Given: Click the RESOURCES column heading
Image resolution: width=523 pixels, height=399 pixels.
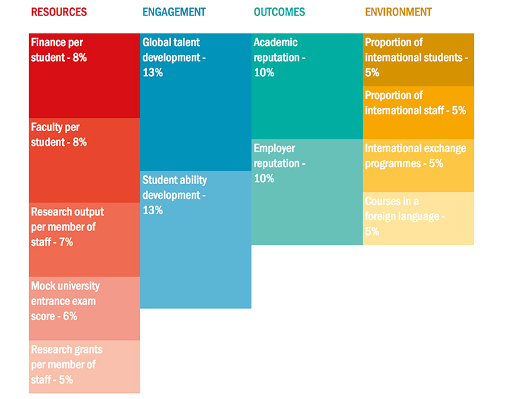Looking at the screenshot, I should point(59,12).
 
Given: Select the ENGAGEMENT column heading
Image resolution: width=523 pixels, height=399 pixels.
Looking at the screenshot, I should point(174,12).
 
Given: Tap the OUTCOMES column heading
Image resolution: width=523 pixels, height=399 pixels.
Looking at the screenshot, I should point(279,12).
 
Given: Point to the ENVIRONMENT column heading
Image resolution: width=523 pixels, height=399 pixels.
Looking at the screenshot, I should point(398,12).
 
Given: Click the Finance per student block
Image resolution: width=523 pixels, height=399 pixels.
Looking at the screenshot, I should point(84,76).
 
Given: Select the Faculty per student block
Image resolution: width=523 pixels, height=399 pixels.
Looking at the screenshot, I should point(84,160).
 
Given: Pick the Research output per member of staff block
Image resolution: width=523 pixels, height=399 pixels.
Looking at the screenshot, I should point(84,239).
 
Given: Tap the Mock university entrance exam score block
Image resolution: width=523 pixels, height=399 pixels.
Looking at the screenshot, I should point(84,308).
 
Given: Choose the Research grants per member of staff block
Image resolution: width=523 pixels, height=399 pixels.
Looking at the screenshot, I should point(84,366).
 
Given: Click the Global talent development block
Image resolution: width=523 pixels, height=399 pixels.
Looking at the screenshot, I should point(196,102).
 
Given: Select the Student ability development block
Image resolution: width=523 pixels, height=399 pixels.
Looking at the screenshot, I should point(196,240).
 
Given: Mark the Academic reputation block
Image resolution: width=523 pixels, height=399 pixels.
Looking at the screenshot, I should point(307,86).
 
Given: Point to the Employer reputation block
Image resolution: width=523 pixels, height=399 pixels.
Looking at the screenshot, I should point(307,191).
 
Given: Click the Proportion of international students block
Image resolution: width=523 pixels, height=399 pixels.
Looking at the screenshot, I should point(418,60).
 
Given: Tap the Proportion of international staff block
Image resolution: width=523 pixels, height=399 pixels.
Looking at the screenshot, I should point(418,112).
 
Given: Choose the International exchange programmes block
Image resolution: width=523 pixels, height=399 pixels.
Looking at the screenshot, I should point(418,165).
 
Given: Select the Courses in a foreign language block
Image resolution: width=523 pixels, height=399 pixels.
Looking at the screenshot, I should point(418,218).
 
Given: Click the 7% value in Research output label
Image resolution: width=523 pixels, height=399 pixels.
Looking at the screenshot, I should point(65,242).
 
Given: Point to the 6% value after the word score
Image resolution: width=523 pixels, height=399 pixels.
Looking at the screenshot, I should point(70,316).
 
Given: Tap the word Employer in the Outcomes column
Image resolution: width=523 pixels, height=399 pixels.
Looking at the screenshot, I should point(274,148).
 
